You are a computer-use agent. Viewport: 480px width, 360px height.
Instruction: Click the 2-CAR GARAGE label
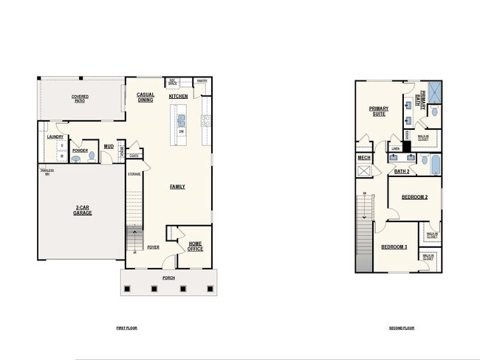pyautogui.click(x=82, y=210)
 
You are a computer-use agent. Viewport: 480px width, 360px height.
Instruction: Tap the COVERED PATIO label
pyautogui.click(x=80, y=99)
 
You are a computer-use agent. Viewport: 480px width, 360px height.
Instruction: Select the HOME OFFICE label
pyautogui.click(x=196, y=246)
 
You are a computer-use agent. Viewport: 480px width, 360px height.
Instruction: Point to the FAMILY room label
pyautogui.click(x=177, y=187)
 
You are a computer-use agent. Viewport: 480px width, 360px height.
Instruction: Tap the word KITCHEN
pyautogui.click(x=178, y=97)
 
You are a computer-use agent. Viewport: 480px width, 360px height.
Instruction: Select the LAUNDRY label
pyautogui.click(x=55, y=136)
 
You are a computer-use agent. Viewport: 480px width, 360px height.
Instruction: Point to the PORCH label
pyautogui.click(x=169, y=278)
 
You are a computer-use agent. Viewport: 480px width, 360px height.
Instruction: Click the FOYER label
pyautogui.click(x=153, y=247)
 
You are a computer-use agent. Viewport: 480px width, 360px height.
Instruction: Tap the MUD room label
pyautogui.click(x=109, y=147)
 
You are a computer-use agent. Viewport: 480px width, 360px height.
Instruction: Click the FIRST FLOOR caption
pyautogui.click(x=126, y=328)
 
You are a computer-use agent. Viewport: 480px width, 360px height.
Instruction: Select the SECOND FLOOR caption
pyautogui.click(x=402, y=328)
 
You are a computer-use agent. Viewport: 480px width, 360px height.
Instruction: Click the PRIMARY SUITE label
pyautogui.click(x=379, y=111)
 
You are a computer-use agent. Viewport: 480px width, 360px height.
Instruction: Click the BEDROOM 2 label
pyautogui.click(x=414, y=197)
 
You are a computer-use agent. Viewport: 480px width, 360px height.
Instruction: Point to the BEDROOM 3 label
pyautogui.click(x=394, y=246)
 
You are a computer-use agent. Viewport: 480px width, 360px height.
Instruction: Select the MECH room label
pyautogui.click(x=363, y=157)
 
